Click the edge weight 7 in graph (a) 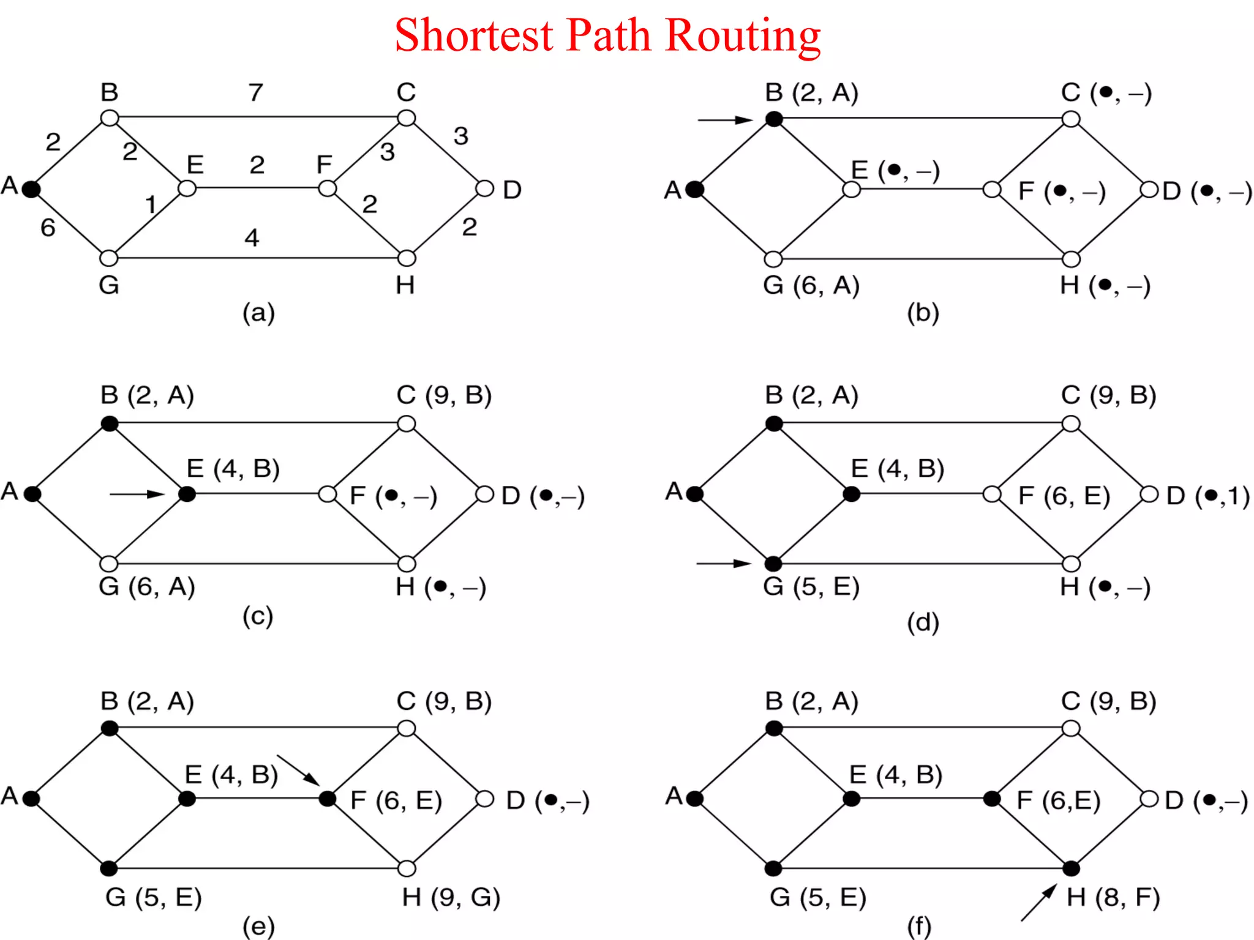[x=256, y=92]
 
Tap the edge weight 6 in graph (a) [x=48, y=228]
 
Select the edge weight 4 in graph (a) [x=252, y=237]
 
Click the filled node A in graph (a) [x=31, y=188]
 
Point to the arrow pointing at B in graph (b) [x=725, y=120]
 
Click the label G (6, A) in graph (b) [x=811, y=285]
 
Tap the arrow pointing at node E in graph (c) [x=137, y=494]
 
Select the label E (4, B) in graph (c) [x=233, y=469]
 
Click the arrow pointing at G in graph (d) [x=724, y=563]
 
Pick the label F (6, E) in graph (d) [x=1064, y=496]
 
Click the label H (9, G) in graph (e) [x=451, y=897]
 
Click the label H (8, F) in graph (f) [x=1113, y=897]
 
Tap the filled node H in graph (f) [x=1071, y=868]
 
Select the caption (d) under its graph [x=923, y=622]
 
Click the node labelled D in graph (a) [x=484, y=188]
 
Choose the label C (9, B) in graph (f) [x=1108, y=701]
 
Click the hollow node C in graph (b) [x=1071, y=119]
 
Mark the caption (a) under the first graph [x=258, y=313]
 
